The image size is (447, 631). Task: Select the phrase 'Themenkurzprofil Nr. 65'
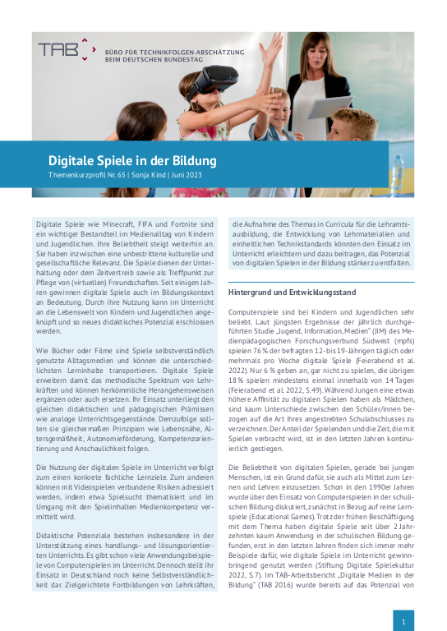click(85, 177)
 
